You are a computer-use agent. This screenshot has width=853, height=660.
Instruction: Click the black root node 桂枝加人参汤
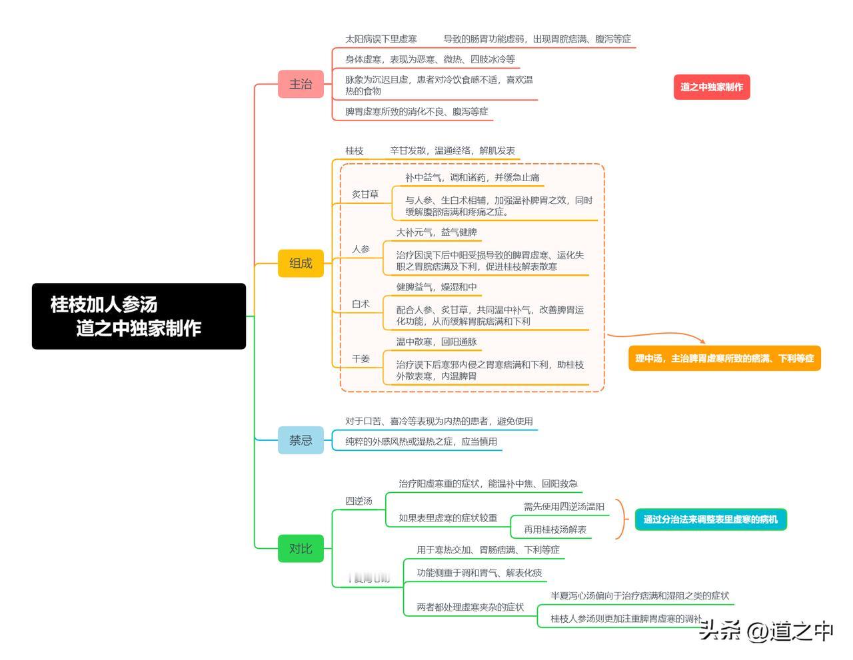coord(139,316)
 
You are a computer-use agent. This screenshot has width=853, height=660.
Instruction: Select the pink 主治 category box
coord(301,85)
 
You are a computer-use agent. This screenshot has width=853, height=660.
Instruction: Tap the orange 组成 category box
coord(301,264)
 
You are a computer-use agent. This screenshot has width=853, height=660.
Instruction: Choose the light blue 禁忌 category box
coord(301,440)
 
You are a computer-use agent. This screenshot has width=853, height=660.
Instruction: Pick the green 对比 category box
coord(301,549)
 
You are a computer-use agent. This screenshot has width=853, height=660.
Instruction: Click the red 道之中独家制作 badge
coord(712,87)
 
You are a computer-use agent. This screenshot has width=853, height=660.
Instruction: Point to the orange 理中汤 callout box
coord(724,358)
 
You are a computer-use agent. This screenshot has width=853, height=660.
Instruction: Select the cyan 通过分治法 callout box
coord(710,519)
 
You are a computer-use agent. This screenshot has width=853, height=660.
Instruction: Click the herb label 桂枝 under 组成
coord(355,151)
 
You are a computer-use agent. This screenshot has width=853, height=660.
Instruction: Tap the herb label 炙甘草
coord(365,194)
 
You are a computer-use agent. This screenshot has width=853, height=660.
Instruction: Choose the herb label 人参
coord(361,249)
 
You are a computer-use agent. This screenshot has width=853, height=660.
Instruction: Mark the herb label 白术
coord(361,304)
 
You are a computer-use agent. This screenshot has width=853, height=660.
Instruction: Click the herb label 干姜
coord(361,359)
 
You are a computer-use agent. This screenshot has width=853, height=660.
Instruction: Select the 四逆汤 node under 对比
coord(359,501)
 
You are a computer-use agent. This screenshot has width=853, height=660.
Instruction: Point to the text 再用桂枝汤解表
coord(555,529)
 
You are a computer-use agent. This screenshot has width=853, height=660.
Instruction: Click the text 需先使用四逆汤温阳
coord(564,507)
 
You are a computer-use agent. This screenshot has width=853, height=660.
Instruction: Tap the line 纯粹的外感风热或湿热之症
coord(421,442)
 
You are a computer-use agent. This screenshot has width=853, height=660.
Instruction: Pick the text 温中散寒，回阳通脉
coord(436,342)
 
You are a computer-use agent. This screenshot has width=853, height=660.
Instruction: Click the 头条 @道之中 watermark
coord(766,630)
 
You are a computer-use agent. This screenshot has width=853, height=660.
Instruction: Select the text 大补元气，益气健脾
coord(436,232)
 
